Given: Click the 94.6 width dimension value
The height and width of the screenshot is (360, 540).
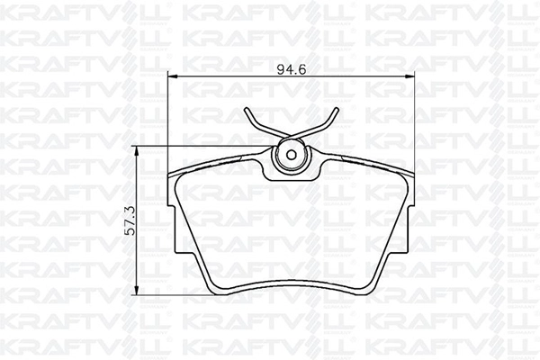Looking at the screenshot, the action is pyautogui.click(x=292, y=69).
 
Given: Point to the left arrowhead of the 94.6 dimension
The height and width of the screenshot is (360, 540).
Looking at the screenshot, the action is pyautogui.click(x=172, y=76).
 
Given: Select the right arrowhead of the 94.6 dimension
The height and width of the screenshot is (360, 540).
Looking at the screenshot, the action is pyautogui.click(x=409, y=76).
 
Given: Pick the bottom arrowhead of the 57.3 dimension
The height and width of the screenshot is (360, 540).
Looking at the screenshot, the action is pyautogui.click(x=137, y=290).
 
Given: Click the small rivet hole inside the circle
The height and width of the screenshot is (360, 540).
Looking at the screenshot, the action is pyautogui.click(x=292, y=156).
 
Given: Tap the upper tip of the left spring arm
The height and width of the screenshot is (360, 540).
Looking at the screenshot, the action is pyautogui.click(x=246, y=110).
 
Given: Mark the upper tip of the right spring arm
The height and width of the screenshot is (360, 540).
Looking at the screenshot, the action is pyautogui.click(x=337, y=110).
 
